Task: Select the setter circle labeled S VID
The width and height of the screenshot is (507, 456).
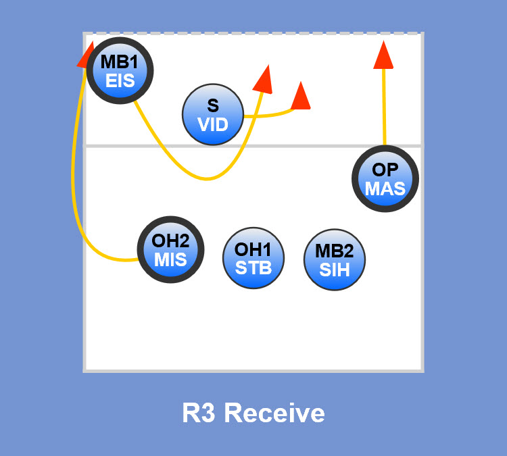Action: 213,115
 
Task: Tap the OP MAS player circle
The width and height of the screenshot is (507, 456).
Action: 385,179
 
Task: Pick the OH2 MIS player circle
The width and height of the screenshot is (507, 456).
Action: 170,249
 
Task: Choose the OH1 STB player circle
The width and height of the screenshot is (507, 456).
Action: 254,257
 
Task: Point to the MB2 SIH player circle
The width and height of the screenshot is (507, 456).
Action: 335,260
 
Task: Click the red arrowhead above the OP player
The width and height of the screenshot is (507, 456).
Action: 383,55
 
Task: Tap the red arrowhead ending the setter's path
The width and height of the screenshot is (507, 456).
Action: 300,97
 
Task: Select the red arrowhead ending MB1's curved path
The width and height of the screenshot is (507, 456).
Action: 263,79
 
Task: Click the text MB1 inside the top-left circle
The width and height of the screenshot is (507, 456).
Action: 120,62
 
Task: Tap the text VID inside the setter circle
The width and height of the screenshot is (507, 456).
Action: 213,124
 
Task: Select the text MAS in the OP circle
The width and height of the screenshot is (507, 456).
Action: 385,188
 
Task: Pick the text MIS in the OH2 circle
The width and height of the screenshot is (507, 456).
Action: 170,259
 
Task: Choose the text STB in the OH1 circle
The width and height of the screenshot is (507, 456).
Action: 254,267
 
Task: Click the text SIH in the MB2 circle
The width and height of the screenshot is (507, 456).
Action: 335,270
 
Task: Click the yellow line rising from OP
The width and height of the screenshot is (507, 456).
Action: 384,108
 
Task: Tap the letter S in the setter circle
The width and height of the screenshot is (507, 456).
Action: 213,105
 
